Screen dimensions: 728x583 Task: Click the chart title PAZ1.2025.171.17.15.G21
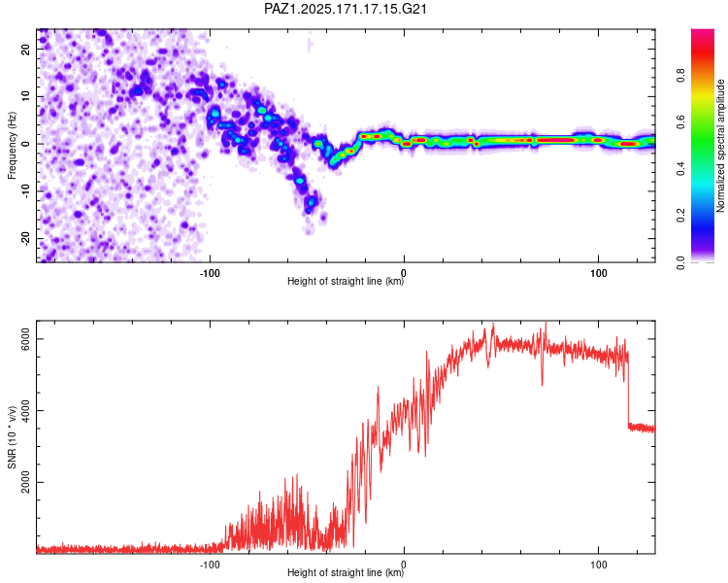click(346, 9)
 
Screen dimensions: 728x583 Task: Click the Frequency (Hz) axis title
click(12, 146)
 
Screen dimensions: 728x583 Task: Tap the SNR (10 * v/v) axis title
click(12, 437)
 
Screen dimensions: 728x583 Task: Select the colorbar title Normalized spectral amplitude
click(720, 146)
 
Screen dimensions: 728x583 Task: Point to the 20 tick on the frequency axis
click(25, 49)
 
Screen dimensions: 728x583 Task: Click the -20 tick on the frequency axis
click(25, 239)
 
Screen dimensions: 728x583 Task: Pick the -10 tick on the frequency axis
click(25, 191)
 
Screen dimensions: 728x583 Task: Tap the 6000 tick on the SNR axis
click(25, 339)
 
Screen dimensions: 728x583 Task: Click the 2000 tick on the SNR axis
click(25, 482)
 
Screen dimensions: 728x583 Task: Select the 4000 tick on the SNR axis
click(25, 410)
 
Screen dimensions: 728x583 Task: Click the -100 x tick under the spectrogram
click(210, 273)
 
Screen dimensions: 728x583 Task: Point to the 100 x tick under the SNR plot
click(599, 565)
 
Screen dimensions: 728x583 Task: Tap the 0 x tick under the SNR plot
click(404, 565)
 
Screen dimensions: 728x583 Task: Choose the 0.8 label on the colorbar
click(680, 76)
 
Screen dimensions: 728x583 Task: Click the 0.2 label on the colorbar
click(680, 216)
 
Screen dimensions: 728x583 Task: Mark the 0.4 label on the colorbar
click(680, 169)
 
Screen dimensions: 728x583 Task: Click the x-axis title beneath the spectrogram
click(346, 281)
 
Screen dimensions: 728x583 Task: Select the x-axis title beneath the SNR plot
click(346, 572)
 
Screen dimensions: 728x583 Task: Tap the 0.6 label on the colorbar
click(680, 121)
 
